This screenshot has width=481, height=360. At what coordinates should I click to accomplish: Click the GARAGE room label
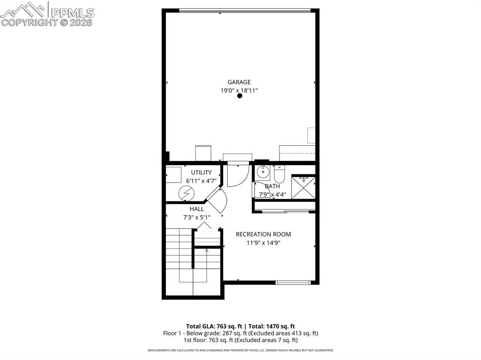[x=239, y=82]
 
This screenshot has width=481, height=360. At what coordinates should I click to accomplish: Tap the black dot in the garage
[x=240, y=96]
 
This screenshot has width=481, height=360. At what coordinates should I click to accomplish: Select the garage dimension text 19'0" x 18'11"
[x=239, y=91]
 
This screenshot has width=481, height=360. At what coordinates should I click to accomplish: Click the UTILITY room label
[x=201, y=172]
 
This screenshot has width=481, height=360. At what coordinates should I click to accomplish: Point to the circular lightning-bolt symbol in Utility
[x=186, y=192]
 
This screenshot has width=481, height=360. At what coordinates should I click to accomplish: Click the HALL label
[x=197, y=209]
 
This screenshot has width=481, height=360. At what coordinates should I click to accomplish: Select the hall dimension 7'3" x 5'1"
[x=196, y=217]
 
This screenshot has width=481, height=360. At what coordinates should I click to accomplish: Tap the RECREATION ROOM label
[x=263, y=234]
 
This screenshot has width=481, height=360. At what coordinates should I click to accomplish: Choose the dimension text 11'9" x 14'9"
[x=263, y=243]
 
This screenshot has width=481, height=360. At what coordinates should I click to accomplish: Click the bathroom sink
[x=263, y=172]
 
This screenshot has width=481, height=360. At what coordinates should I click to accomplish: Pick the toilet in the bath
[x=279, y=174]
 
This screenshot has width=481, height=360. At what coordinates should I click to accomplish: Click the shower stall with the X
[x=303, y=186]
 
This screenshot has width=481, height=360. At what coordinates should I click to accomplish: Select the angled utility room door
[x=217, y=200]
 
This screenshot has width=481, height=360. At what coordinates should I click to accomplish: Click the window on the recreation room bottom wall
[x=293, y=283]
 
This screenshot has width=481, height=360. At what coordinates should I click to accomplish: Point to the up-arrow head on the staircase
[x=206, y=251]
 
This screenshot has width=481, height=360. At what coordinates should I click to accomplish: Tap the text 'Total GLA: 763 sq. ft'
[x=214, y=326]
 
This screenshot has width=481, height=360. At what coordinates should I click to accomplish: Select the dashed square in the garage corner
[x=311, y=135]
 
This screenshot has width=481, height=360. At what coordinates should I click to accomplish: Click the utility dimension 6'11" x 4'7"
[x=201, y=181]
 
